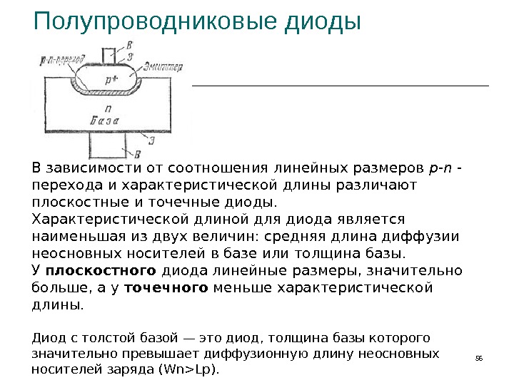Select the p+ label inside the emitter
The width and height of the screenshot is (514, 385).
coord(112,81)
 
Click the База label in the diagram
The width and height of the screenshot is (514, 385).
coord(106,122)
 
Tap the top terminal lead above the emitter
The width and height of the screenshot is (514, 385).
coord(111,55)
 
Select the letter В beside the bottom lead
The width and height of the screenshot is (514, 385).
coord(137,153)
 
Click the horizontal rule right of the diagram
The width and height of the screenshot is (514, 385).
coord(341,86)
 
